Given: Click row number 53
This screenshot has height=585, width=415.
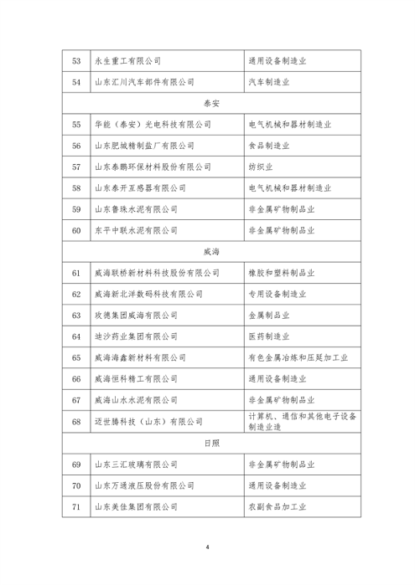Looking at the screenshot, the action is click(77, 60).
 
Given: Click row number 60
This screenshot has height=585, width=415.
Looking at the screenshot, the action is click(77, 229).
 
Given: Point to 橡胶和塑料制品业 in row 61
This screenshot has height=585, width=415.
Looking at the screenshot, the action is click(288, 272).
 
